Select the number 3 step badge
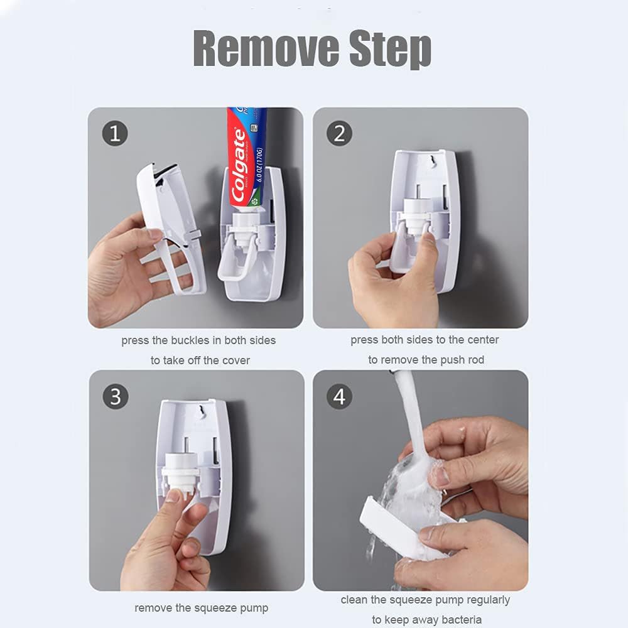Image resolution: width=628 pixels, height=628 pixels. [x=115, y=397]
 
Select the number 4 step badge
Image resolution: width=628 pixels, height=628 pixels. [x=340, y=397]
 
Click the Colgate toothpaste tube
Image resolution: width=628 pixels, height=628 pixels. [x=244, y=157]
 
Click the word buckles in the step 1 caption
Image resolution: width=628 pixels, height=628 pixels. [x=192, y=340]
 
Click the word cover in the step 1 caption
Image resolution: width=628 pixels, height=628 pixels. [x=235, y=360]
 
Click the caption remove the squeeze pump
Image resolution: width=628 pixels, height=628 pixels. [x=201, y=608]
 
